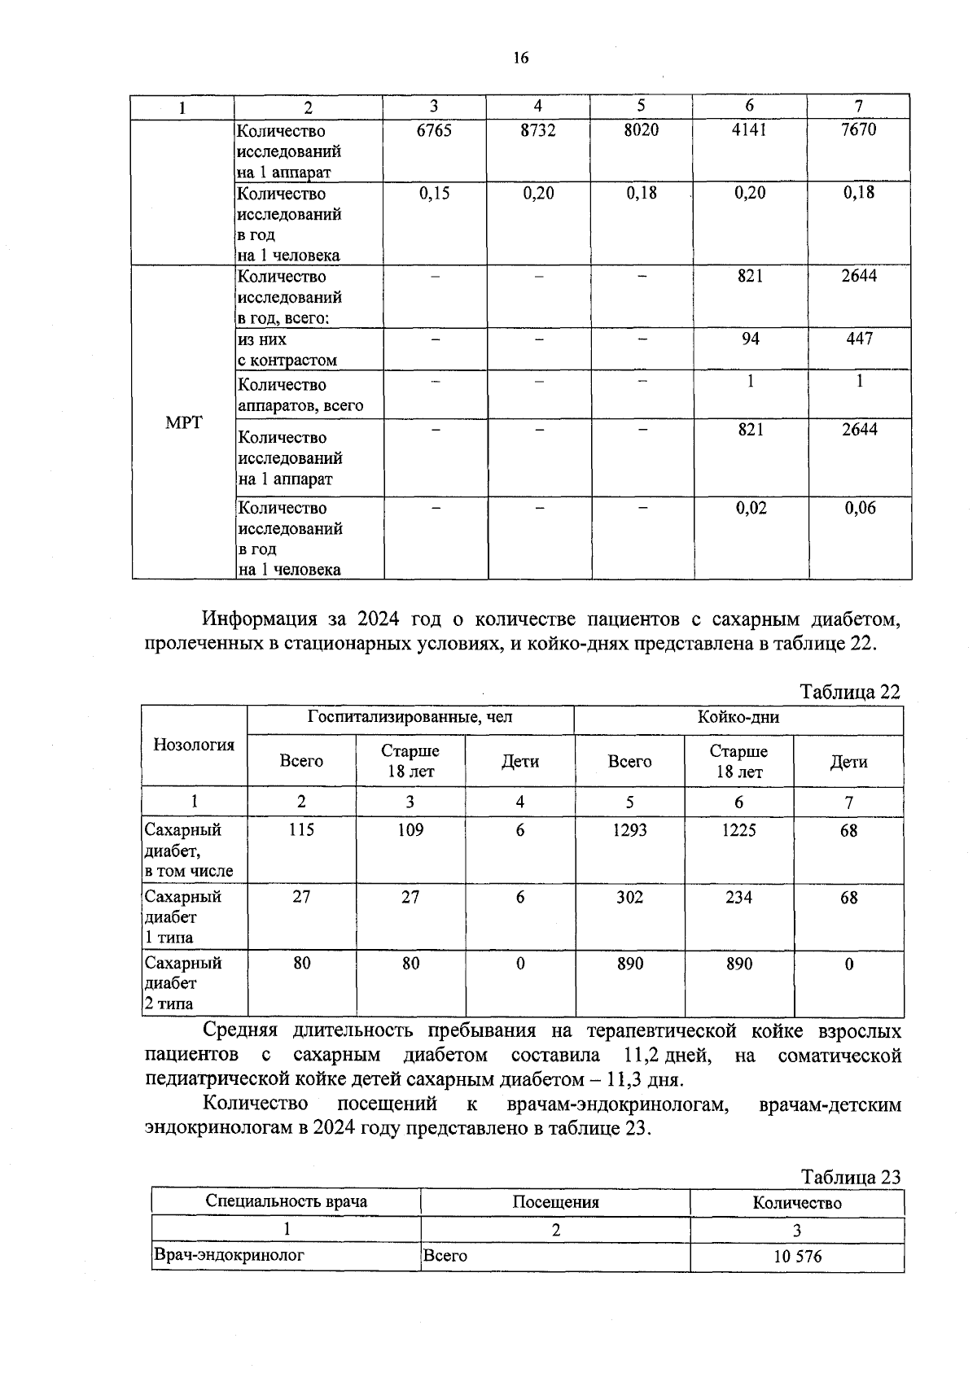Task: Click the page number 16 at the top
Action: coord(520,57)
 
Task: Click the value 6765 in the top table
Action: coord(434,130)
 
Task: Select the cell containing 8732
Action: coord(538,130)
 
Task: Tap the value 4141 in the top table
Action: coord(749,130)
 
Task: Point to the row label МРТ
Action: coord(183,422)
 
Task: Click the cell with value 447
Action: coord(859,339)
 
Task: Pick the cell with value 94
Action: coord(750,339)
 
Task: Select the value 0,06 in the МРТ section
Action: coord(860,509)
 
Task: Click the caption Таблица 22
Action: coord(850,692)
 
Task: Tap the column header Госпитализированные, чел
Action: coord(410,717)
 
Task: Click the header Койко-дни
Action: coord(738,717)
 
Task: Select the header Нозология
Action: coord(194,745)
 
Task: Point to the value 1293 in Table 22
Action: coord(629,830)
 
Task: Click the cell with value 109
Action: coord(410,830)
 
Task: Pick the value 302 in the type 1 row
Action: coord(629,897)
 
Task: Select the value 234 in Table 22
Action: coord(738,897)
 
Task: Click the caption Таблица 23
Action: coord(851,1177)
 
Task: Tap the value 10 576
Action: coord(797,1257)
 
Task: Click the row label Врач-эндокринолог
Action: coord(229,1255)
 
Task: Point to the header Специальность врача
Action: coord(286,1201)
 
